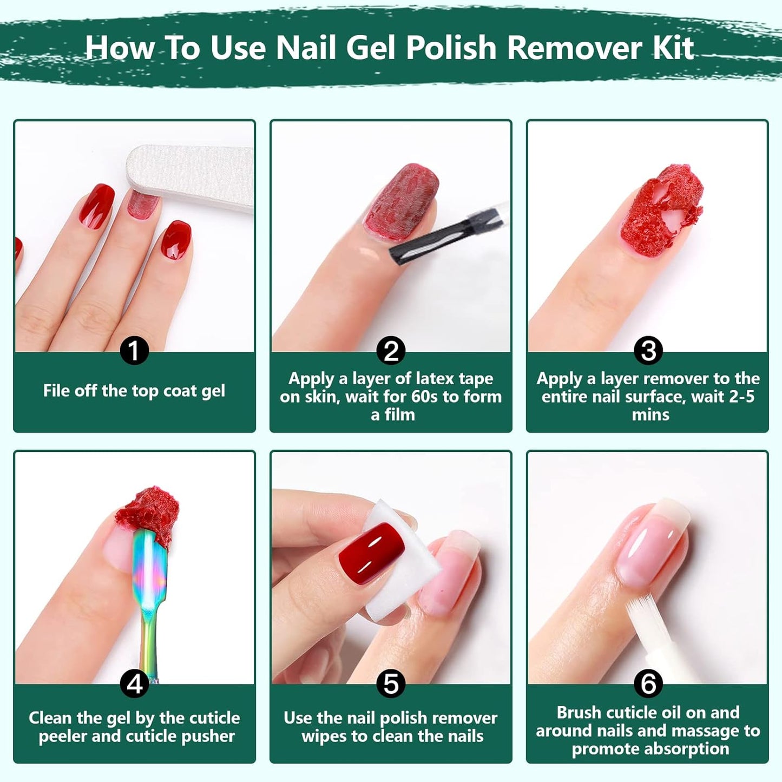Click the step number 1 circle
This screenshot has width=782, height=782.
tap(134, 351)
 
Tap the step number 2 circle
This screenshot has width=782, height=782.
tap(391, 351)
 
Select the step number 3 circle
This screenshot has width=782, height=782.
tap(648, 351)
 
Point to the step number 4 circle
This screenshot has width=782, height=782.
tap(134, 684)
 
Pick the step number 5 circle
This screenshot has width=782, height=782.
tap(391, 684)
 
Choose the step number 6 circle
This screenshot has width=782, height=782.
tap(648, 684)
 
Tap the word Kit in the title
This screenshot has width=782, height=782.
tap(673, 48)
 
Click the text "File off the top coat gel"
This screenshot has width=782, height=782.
tap(134, 391)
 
